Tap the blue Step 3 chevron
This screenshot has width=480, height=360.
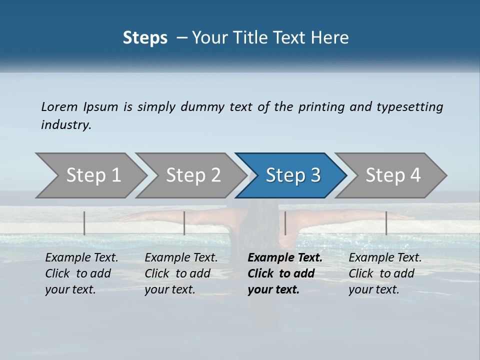tap(293, 175)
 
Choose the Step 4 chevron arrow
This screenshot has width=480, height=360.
tap(393, 175)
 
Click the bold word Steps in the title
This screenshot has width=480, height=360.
tap(145, 37)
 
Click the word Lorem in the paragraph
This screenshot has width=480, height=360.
tap(59, 106)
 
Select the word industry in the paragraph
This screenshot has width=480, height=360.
tap(66, 125)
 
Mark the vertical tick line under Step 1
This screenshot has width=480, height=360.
tap(84, 223)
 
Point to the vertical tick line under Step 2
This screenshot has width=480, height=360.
tap(184, 223)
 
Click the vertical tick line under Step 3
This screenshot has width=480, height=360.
tap(285, 223)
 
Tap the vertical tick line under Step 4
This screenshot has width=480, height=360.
tap(386, 223)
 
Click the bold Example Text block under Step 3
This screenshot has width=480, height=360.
tap(284, 273)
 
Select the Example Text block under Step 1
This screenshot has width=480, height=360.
tap(81, 273)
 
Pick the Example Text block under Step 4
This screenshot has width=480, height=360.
tap(385, 273)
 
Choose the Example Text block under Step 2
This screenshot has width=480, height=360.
tap(181, 273)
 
